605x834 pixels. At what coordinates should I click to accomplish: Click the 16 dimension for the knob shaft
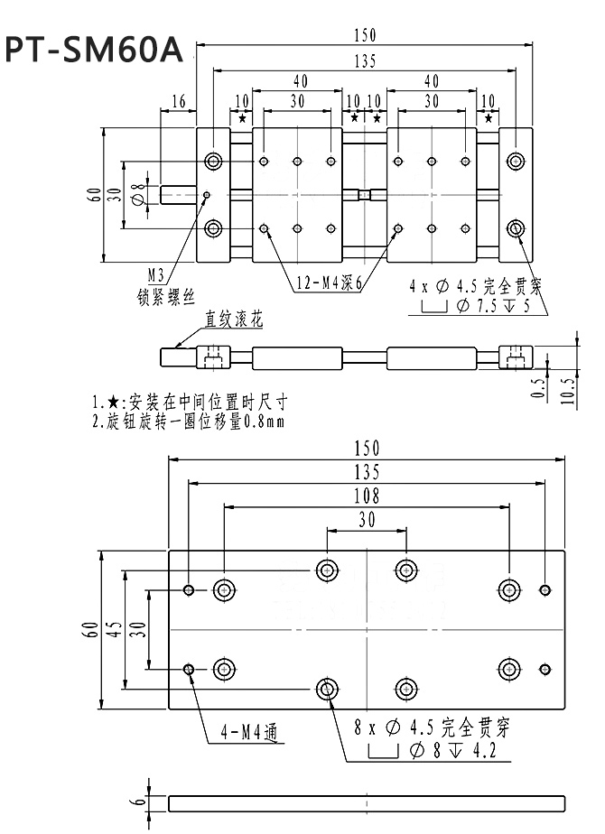click(178, 101)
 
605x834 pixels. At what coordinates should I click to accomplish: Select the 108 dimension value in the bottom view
click(368, 496)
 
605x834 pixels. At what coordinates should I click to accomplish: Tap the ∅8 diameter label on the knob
click(137, 193)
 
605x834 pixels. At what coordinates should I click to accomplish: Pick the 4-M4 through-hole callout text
click(246, 734)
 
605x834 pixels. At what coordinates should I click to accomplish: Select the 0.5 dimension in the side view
click(539, 389)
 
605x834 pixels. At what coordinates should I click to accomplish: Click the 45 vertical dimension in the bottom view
click(112, 629)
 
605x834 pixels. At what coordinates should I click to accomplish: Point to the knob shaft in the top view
click(179, 194)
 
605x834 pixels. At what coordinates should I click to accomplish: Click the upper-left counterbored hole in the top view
click(213, 162)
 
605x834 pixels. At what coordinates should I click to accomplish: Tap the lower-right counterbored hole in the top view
click(515, 227)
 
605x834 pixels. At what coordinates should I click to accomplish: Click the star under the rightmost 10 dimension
click(489, 118)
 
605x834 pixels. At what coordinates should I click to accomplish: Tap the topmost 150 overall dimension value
click(364, 36)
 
